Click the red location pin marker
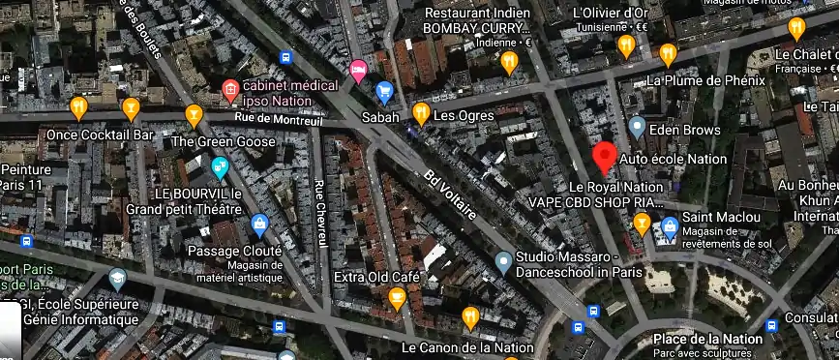(605, 156)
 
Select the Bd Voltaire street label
(451, 194)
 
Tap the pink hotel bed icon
(358, 69)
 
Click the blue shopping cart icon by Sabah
(384, 93)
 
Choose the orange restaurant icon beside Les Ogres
(421, 113)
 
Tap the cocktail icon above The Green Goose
(195, 115)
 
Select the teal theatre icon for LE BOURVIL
(220, 167)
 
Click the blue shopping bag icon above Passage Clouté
(259, 225)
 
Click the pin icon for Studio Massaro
(503, 260)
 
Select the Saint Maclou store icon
(670, 227)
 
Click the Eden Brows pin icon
(637, 126)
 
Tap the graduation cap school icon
(118, 281)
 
